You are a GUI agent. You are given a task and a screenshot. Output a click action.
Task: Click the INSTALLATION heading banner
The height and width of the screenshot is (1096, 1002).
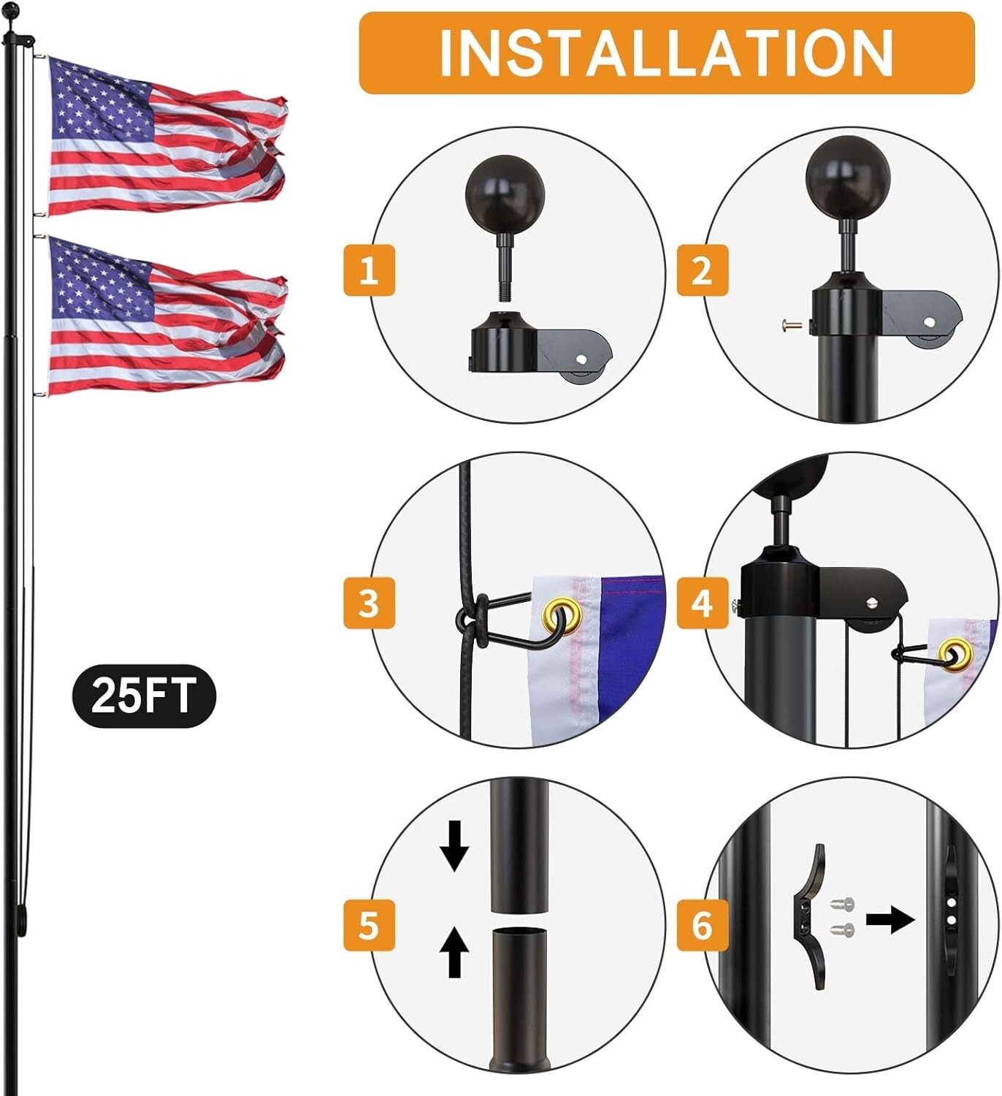pos(666,53)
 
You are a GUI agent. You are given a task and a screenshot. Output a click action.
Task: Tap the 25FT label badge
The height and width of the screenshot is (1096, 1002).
pos(144,695)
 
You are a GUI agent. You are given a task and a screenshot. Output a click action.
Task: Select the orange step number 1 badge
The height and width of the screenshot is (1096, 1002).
pos(369,270)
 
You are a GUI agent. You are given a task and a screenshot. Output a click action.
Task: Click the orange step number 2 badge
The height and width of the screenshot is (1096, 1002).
pos(702,270)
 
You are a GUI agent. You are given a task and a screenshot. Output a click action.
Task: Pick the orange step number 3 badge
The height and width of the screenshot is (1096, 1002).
pos(369,603)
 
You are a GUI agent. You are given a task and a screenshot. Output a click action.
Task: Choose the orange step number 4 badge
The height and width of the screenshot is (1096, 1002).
pos(702,603)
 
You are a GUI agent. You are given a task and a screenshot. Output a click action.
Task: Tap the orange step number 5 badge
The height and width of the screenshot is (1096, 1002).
pos(369,925)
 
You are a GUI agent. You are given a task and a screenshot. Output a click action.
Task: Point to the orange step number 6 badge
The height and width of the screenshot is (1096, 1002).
pos(702,925)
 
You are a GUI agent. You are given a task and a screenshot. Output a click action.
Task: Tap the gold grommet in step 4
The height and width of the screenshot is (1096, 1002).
pos(956,654)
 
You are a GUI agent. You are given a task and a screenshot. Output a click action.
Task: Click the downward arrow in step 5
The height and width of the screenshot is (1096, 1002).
pos(454,846)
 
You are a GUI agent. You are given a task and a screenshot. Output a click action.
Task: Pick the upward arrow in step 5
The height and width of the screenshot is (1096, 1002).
pos(454,951)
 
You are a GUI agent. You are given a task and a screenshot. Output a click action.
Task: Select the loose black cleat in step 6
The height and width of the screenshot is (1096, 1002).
pos(809,917)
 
